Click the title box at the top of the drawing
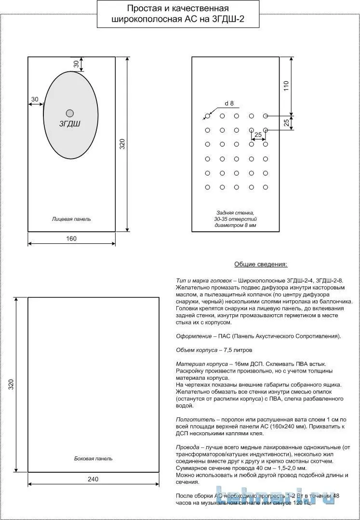click(x=178, y=14)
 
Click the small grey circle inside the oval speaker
click(x=70, y=113)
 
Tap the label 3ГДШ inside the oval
click(x=70, y=124)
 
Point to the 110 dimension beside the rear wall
click(x=286, y=86)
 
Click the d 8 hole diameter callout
click(x=229, y=103)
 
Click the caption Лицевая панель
click(x=71, y=219)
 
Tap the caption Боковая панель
click(x=93, y=458)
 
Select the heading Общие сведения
click(x=260, y=265)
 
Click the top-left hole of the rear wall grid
click(x=208, y=116)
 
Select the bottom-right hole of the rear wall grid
click(x=266, y=187)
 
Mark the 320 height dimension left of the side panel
click(x=11, y=385)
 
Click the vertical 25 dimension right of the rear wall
click(x=286, y=123)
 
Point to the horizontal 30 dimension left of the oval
click(x=35, y=99)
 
